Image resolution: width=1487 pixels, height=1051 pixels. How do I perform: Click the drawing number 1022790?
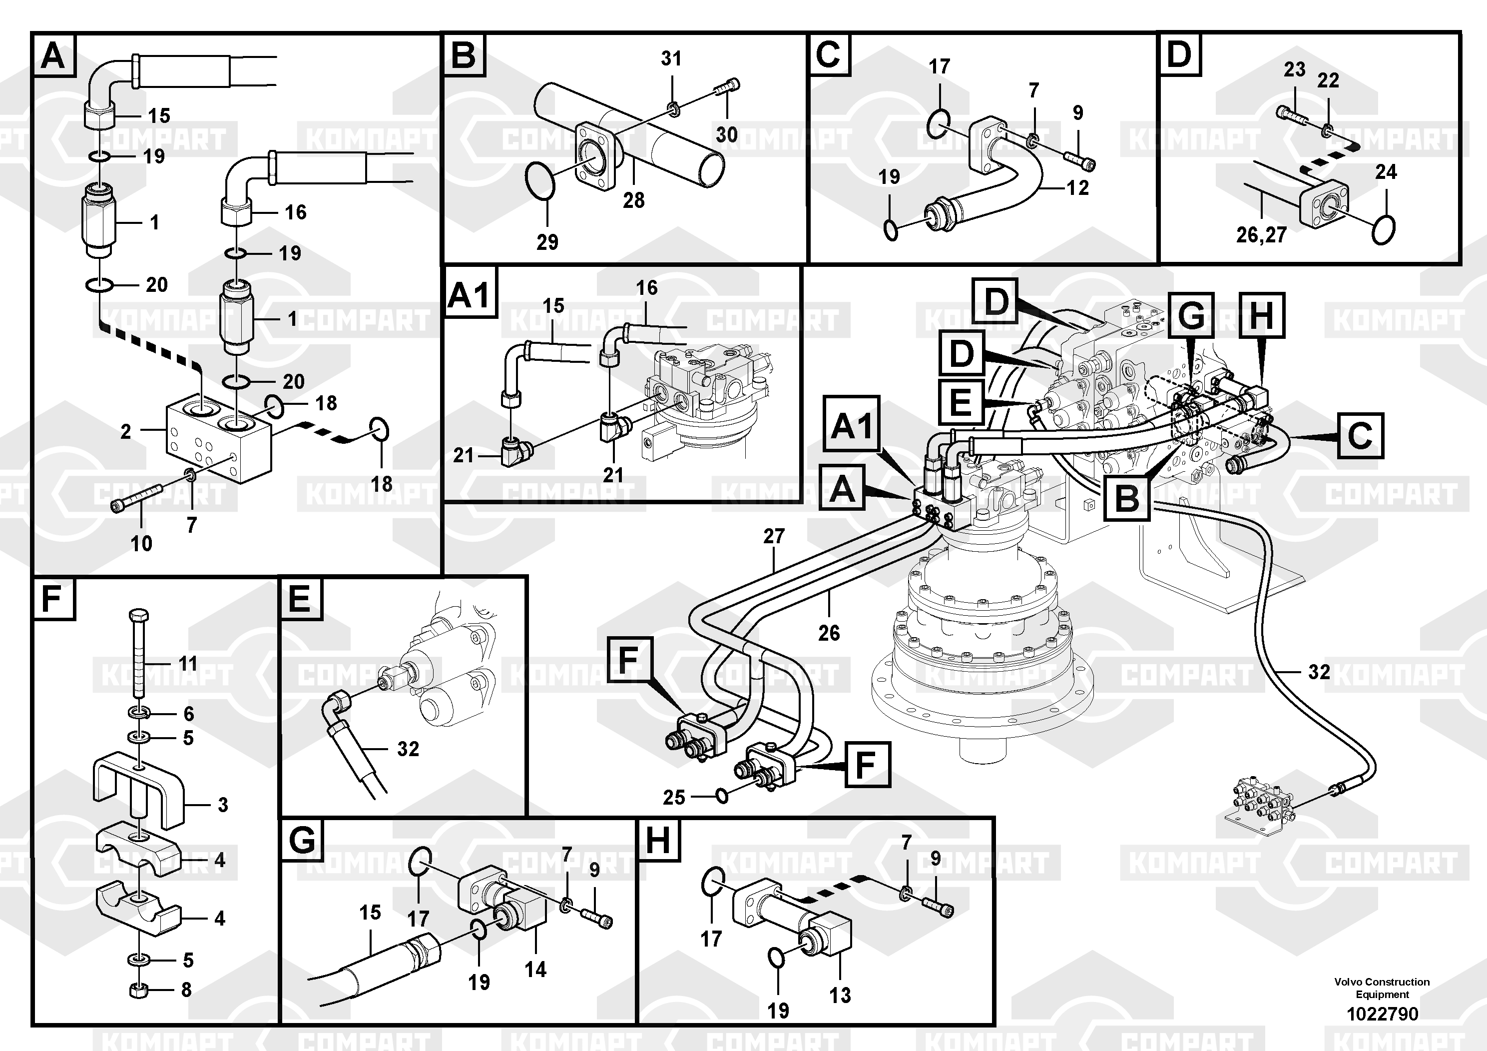coord(1382,1014)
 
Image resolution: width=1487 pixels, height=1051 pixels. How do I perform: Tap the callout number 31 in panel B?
coord(671,58)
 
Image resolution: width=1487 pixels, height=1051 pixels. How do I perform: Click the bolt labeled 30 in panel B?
coord(727,87)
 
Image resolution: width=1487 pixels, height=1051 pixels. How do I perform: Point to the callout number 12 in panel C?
coord(1078,188)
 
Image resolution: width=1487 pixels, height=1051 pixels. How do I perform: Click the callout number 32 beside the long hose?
coord(1319,672)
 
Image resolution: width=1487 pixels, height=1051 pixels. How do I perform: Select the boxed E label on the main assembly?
coord(960,402)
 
